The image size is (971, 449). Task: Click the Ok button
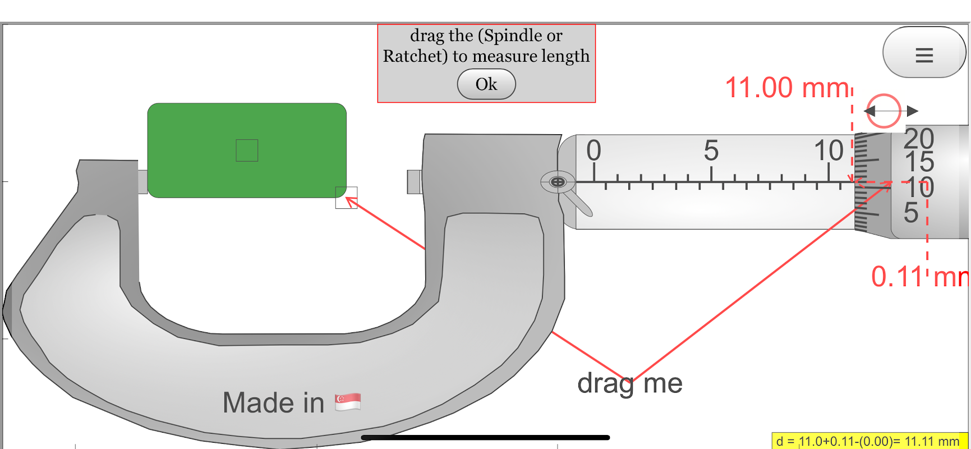(x=486, y=84)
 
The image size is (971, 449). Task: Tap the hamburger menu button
(x=924, y=54)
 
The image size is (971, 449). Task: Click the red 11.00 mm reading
(x=787, y=88)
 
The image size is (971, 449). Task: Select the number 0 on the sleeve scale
(x=593, y=150)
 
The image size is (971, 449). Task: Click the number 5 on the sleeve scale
(x=711, y=150)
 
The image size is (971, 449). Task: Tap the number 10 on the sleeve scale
(x=829, y=150)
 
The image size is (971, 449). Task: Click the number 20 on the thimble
(x=919, y=139)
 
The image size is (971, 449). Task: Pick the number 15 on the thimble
(x=919, y=162)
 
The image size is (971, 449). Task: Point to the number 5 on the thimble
(x=911, y=213)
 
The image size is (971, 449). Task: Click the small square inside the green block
(x=247, y=150)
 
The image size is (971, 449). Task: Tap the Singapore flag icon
(x=348, y=402)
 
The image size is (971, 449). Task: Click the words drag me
(x=629, y=384)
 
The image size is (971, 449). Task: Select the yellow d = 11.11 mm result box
(x=869, y=441)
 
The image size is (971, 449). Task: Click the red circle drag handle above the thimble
(x=883, y=111)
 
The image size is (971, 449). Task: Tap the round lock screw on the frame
(x=558, y=182)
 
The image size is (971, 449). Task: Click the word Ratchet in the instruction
(x=415, y=56)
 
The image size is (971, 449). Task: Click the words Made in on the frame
(x=273, y=403)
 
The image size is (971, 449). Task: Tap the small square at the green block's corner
(x=346, y=198)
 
